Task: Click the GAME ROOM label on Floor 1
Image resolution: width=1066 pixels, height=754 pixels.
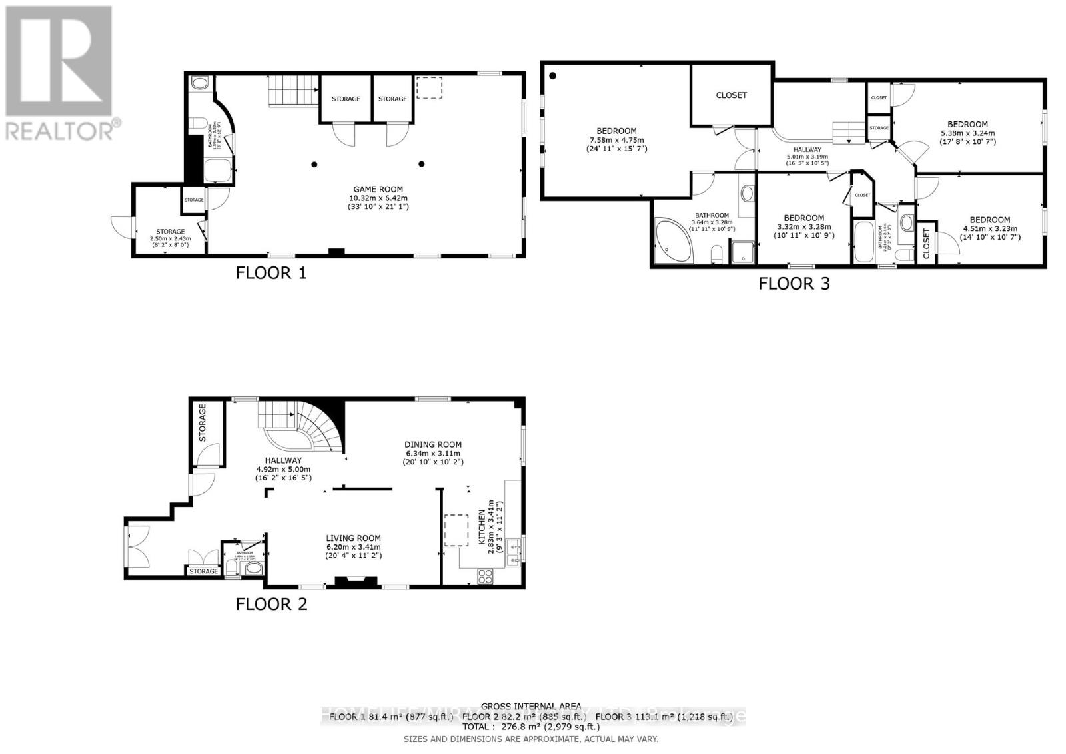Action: point(377,189)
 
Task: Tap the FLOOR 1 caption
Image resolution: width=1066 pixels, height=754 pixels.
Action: point(271,273)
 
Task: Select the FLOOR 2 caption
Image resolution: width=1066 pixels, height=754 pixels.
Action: point(271,604)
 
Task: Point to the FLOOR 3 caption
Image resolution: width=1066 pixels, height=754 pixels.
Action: point(794,284)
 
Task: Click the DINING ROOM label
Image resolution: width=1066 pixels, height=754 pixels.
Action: point(433,444)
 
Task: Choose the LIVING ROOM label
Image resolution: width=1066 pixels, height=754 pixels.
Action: point(353,538)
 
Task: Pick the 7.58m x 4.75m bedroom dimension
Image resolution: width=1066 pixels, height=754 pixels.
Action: point(616,140)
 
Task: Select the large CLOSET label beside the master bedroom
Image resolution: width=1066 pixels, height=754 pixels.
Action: point(731,95)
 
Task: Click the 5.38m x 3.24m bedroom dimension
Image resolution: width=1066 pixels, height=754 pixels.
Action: point(967,133)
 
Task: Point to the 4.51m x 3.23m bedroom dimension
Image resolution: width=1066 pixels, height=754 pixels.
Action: point(989,229)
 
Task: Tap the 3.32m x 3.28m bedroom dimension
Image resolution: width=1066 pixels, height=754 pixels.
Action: point(803,227)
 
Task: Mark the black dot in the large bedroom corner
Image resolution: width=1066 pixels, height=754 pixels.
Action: point(553,76)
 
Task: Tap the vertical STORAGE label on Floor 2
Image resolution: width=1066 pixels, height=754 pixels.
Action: point(203,423)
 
